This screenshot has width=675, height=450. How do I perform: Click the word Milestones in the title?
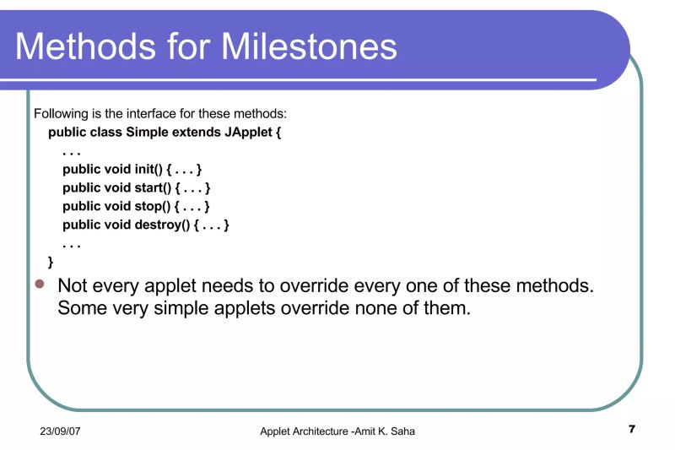pyautogui.click(x=310, y=46)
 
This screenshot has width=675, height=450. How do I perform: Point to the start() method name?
pyautogui.click(x=155, y=187)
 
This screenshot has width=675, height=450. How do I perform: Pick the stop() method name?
pyautogui.click(x=154, y=206)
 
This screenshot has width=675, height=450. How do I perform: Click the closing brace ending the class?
pyautogui.click(x=51, y=262)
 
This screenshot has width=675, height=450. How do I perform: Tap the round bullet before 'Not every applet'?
pyautogui.click(x=39, y=285)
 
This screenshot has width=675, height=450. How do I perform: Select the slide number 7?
pyautogui.click(x=631, y=431)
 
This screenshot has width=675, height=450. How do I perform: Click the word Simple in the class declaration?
pyautogui.click(x=147, y=133)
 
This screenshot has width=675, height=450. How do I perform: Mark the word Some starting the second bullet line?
pyautogui.click(x=80, y=308)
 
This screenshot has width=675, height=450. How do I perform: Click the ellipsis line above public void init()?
pyautogui.click(x=72, y=151)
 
